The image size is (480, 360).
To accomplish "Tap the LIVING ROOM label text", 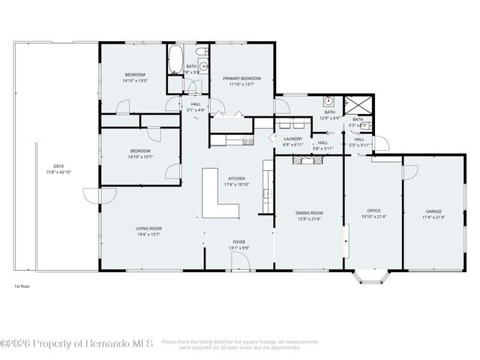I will click(x=148, y=228).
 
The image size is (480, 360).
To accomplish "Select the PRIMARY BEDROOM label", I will click(x=241, y=78).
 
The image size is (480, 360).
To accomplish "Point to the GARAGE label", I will click(x=434, y=211).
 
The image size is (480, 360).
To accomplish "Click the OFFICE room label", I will click(x=373, y=211).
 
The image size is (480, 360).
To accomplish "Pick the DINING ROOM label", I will click(x=309, y=213).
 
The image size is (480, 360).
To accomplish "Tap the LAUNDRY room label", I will click(x=292, y=138).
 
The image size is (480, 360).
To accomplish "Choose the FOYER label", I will click(x=239, y=242).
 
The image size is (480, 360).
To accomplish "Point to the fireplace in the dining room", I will click(x=307, y=159).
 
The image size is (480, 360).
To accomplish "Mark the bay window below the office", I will click(x=370, y=279).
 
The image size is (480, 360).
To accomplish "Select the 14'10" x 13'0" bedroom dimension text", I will click(x=135, y=80).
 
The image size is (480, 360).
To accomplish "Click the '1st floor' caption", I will click(x=22, y=286).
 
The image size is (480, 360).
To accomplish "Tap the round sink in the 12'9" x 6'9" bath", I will click(x=328, y=101).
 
